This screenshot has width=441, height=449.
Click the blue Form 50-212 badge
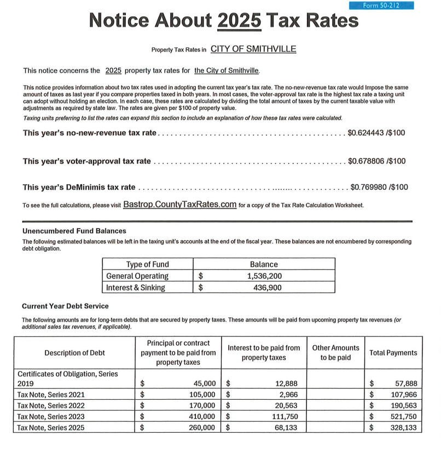(381, 5)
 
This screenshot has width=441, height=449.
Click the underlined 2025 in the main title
(240, 21)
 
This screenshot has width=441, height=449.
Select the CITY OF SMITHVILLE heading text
(253, 49)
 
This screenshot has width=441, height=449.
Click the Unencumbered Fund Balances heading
(74, 231)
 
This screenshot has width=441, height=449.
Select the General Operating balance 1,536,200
(264, 276)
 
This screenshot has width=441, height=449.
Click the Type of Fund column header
(148, 265)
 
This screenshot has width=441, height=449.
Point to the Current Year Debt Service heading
(65, 306)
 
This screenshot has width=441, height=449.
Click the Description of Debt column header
(74, 353)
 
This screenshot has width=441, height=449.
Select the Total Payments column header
(393, 353)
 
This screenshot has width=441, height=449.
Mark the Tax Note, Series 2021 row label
(51, 394)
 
